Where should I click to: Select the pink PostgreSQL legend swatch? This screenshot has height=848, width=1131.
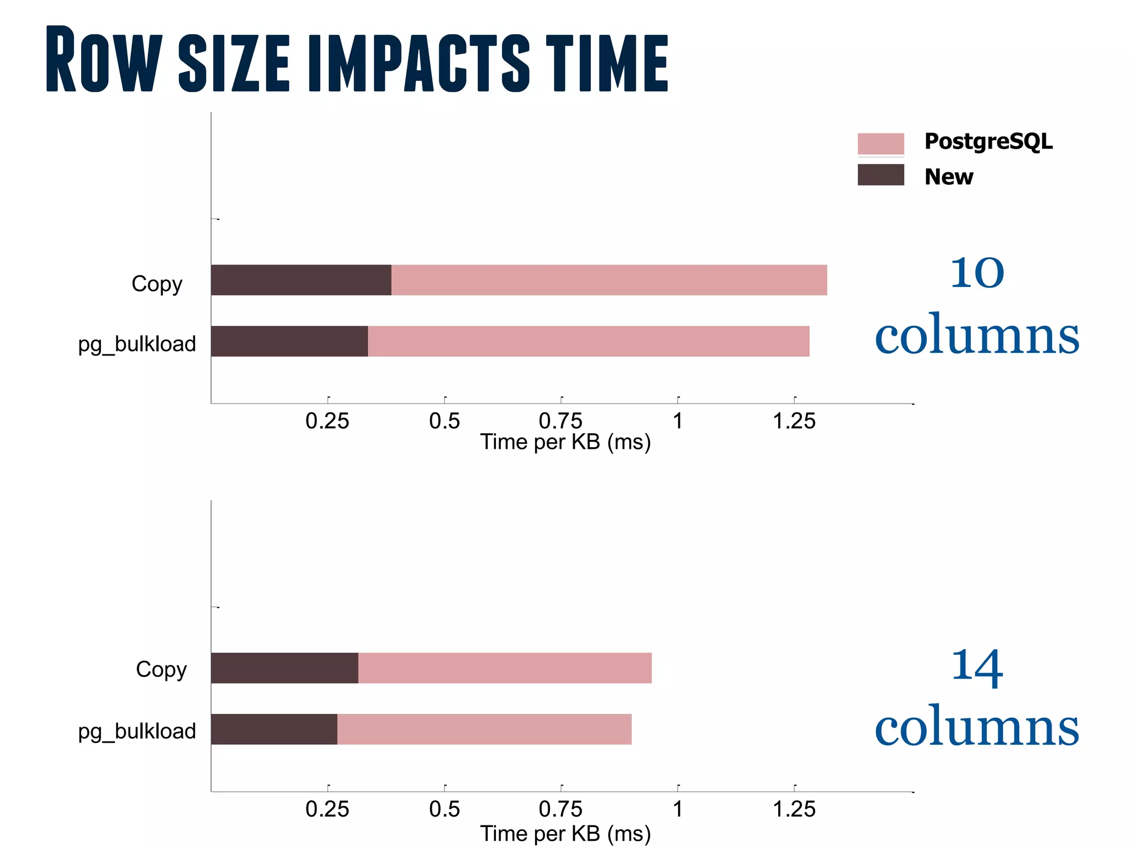(880, 144)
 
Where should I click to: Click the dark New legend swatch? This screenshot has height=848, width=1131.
(880, 175)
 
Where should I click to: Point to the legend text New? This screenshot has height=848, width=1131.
(948, 177)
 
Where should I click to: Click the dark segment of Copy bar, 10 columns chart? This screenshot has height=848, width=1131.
(301, 280)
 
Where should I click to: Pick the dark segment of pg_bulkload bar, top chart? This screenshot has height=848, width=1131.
(289, 341)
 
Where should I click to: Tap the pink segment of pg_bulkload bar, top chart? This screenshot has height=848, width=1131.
(588, 341)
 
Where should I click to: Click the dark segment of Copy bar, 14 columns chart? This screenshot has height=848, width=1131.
(284, 668)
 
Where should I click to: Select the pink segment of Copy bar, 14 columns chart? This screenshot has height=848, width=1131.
(505, 668)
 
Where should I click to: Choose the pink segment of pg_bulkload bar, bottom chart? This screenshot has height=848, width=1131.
(484, 729)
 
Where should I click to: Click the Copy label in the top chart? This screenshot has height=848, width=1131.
(157, 284)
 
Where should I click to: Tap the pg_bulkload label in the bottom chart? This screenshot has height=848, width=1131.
(137, 732)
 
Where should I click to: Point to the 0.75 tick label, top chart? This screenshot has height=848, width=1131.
(560, 421)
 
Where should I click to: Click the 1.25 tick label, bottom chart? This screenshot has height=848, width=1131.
(794, 809)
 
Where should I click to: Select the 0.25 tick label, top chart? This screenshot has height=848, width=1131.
(327, 421)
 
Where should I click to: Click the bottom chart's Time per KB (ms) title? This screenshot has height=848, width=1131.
(565, 834)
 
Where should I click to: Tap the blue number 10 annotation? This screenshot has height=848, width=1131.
(976, 273)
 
